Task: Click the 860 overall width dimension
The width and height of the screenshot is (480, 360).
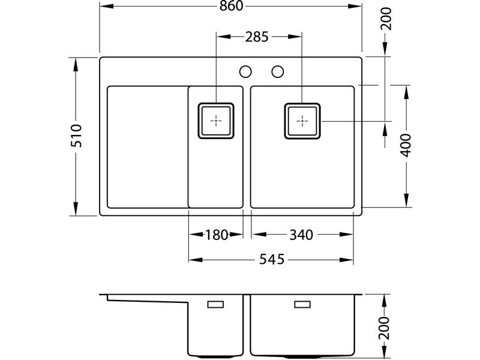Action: coord(232,6)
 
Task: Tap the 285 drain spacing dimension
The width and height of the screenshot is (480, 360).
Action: coord(257,37)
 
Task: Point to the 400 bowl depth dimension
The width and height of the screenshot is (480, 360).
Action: coord(406,145)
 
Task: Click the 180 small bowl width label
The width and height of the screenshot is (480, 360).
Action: coord(217,235)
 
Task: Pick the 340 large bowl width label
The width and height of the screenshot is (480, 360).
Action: coord(301,235)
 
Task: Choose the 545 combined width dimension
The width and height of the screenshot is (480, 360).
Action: coord(272,260)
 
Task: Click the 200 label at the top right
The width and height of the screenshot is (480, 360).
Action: coord(386,19)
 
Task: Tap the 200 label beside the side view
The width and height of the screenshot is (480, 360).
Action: coord(385,328)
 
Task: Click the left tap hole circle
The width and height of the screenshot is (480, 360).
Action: coord(245,71)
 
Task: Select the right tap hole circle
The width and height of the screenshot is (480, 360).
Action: coord(278,71)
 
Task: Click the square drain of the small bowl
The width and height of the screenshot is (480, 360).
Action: coord(216,121)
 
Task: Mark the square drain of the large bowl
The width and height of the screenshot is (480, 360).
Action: coord(302,121)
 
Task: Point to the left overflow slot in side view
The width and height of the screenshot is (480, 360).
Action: coord(215,304)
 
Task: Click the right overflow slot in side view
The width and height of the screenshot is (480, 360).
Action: coord(302,304)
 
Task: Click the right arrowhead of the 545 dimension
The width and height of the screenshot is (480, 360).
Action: coord(347,260)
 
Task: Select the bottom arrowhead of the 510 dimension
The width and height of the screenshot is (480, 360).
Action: coord(76,208)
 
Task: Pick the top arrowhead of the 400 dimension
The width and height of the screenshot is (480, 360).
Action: coord(406,92)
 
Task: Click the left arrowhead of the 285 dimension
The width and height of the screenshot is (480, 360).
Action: coord(224,37)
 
